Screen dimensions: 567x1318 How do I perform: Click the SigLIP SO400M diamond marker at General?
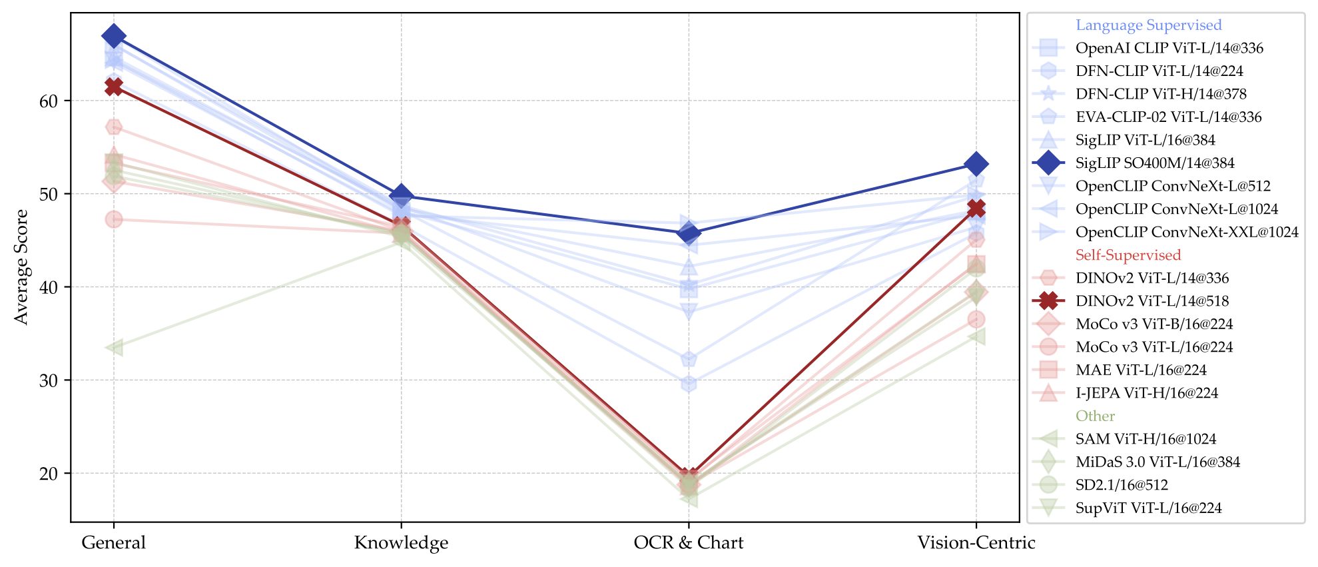(x=113, y=36)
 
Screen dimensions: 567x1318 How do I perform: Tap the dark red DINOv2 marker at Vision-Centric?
(x=976, y=209)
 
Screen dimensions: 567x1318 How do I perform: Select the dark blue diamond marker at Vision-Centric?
(x=976, y=164)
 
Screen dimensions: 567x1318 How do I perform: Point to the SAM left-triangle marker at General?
(x=113, y=347)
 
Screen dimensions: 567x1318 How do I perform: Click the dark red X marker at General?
(x=113, y=87)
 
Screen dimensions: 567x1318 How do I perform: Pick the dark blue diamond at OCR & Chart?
(x=689, y=234)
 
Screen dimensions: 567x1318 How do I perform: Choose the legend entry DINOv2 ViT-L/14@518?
(x=1152, y=301)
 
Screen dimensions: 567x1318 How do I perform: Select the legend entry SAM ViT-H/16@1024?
(x=1146, y=439)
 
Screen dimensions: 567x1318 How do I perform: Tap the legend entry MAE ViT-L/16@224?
(x=1140, y=370)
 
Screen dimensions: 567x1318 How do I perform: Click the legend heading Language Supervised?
(x=1148, y=25)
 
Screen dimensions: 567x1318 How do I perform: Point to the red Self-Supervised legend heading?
(x=1128, y=255)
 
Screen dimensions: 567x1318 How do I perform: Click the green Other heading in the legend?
(x=1095, y=416)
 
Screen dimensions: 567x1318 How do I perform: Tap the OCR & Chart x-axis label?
(x=689, y=542)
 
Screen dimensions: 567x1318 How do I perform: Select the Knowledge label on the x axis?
(x=401, y=542)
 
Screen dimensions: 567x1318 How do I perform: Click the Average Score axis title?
(x=21, y=267)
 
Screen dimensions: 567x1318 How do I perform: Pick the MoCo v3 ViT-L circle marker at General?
(x=113, y=219)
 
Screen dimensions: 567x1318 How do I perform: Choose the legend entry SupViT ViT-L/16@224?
(x=1148, y=508)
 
